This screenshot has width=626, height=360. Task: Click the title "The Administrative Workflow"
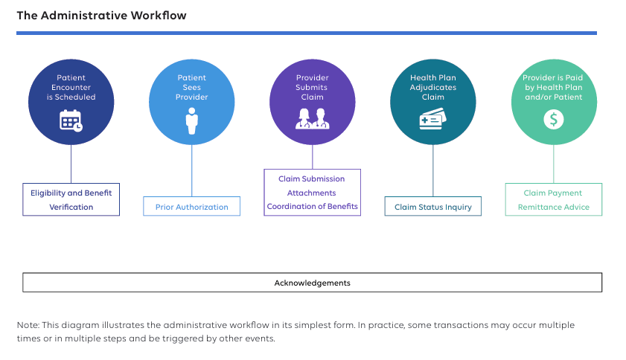click(101, 16)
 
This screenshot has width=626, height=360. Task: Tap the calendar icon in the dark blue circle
click(71, 120)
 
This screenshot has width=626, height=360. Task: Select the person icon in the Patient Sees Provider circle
click(192, 120)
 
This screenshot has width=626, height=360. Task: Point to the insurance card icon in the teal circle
click(432, 120)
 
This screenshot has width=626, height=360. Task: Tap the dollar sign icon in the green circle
click(553, 119)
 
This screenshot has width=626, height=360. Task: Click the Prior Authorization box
click(192, 207)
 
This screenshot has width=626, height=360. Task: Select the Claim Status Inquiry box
click(433, 207)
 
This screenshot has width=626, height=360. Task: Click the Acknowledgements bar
click(312, 283)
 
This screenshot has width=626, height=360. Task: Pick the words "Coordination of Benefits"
click(313, 206)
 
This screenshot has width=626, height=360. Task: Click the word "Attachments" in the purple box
click(312, 193)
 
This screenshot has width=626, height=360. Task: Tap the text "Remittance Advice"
click(553, 207)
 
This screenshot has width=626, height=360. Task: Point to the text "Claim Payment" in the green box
click(553, 193)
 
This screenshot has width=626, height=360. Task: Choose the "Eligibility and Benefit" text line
click(71, 193)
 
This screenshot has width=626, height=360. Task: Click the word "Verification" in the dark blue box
click(71, 207)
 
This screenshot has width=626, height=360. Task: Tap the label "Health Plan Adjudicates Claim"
click(432, 86)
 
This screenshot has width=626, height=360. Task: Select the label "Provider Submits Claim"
click(312, 86)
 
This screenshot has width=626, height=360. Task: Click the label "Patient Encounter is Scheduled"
click(71, 86)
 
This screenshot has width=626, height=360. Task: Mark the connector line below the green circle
click(554, 164)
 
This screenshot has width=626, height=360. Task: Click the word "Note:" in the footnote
click(28, 325)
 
